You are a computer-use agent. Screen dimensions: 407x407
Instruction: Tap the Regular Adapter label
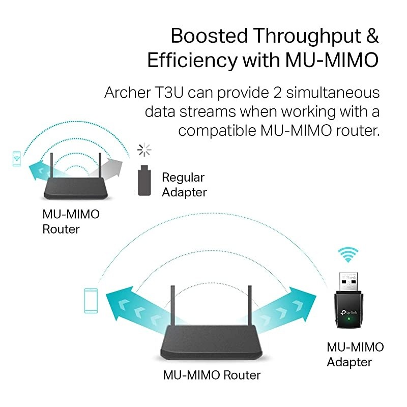click(183, 185)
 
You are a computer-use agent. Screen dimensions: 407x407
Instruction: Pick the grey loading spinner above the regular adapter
click(144, 150)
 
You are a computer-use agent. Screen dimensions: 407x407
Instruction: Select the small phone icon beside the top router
click(17, 158)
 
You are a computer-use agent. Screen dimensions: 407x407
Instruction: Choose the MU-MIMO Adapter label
click(355, 355)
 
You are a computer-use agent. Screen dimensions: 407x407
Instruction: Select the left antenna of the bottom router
click(172, 308)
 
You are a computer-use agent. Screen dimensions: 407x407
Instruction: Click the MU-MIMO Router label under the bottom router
click(212, 375)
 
